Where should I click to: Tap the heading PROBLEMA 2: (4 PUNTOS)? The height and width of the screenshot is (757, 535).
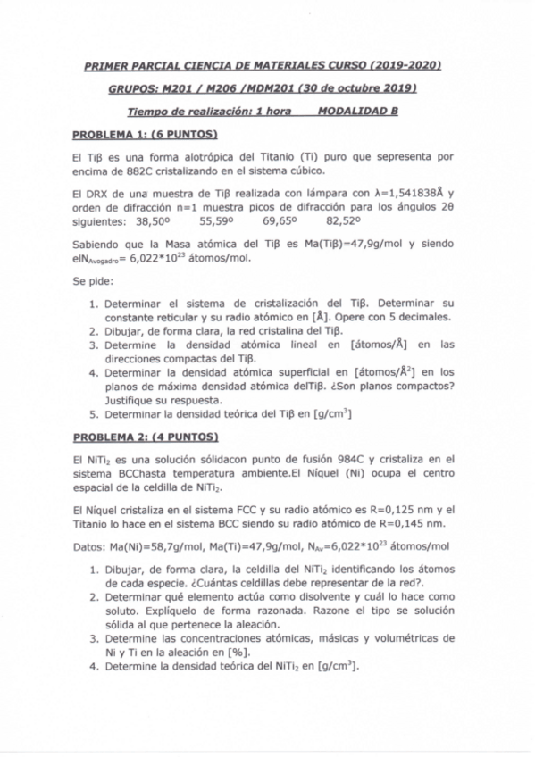[x=145, y=437]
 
